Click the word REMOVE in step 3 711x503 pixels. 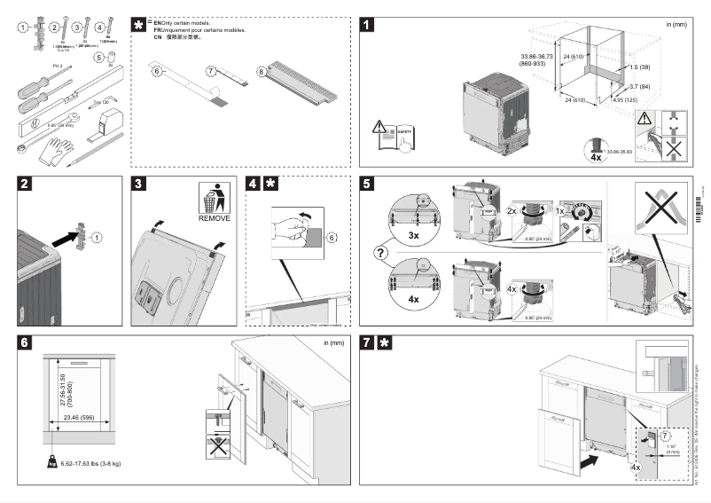[214, 217]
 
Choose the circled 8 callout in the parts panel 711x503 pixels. [262, 70]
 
